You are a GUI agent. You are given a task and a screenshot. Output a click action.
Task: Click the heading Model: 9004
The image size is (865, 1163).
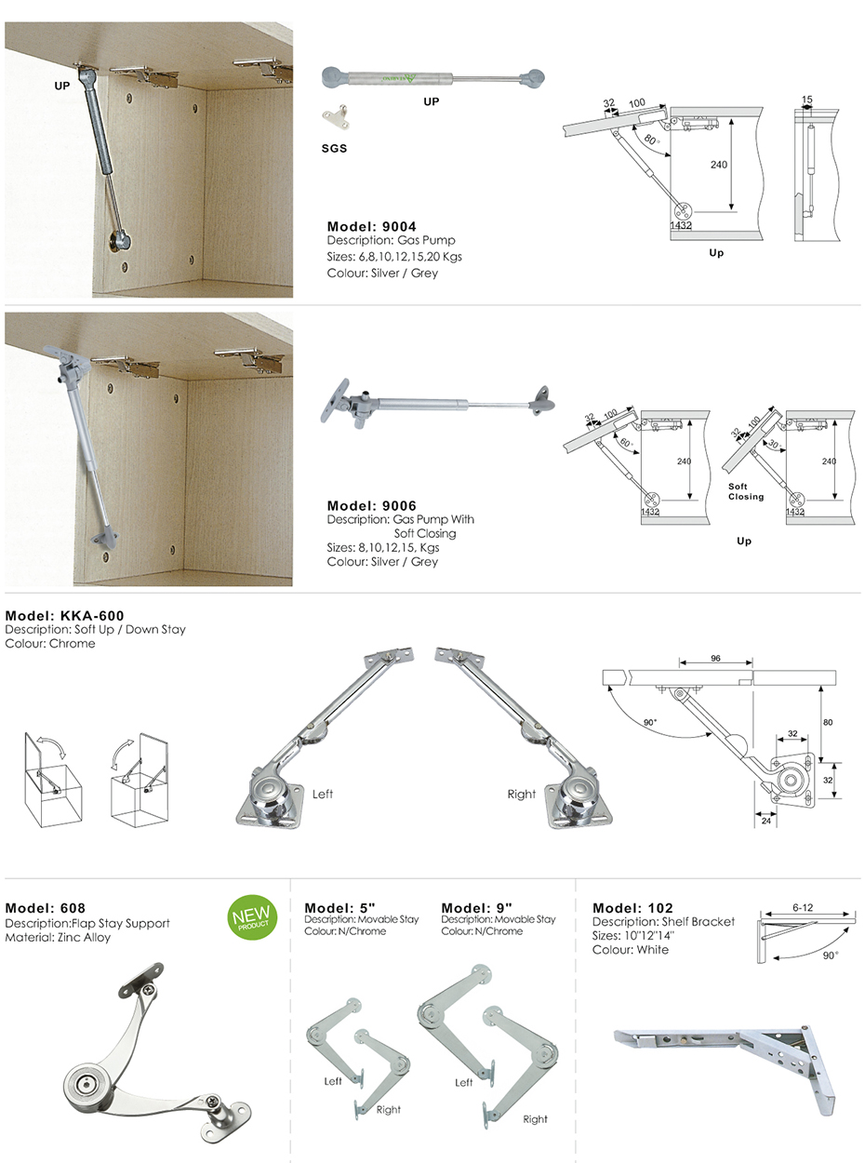(371, 226)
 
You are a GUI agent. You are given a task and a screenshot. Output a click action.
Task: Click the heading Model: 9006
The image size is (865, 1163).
(371, 505)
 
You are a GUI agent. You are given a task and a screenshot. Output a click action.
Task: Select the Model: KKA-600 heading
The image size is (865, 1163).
(64, 615)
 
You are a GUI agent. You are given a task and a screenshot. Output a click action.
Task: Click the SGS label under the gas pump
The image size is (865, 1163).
(334, 148)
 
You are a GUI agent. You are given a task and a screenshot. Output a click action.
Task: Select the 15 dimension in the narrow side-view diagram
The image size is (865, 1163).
(806, 99)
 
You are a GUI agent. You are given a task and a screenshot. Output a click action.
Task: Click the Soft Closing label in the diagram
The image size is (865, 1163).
(745, 491)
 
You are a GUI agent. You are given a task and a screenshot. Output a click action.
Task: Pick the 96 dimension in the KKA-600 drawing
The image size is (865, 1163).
(715, 658)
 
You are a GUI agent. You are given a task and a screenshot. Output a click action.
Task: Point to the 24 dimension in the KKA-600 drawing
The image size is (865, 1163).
(765, 822)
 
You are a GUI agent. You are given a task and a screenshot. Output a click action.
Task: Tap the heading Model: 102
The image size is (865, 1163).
(632, 908)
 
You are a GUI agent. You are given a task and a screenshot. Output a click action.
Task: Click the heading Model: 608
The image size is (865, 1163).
(46, 908)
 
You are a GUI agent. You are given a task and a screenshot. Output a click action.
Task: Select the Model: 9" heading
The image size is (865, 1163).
(477, 908)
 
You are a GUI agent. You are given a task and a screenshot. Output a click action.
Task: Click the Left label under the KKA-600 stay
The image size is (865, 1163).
(322, 794)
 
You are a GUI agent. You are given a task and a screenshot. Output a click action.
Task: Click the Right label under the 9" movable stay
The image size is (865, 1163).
(535, 1118)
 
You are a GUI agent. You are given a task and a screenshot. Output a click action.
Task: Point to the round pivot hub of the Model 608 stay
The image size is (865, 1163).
(82, 1084)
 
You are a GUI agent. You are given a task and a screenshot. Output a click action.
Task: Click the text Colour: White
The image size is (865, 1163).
(630, 950)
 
